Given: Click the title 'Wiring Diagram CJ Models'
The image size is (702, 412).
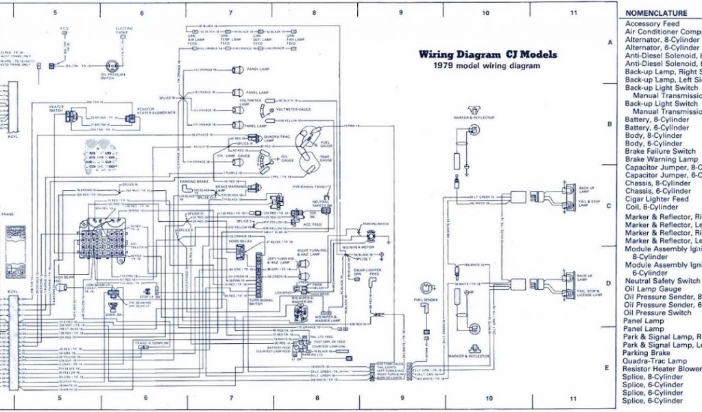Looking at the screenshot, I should [x=487, y=55].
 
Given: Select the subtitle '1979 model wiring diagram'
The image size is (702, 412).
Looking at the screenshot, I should [x=486, y=66].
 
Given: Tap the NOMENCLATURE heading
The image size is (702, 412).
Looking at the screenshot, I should [x=655, y=13].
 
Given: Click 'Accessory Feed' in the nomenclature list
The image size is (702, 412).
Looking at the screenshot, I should [x=652, y=24].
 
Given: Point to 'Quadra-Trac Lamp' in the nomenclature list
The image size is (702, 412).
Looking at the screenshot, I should [x=655, y=361].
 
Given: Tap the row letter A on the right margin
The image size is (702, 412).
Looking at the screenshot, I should [x=609, y=43].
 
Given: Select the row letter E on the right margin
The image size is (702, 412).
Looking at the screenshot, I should [x=607, y=368].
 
